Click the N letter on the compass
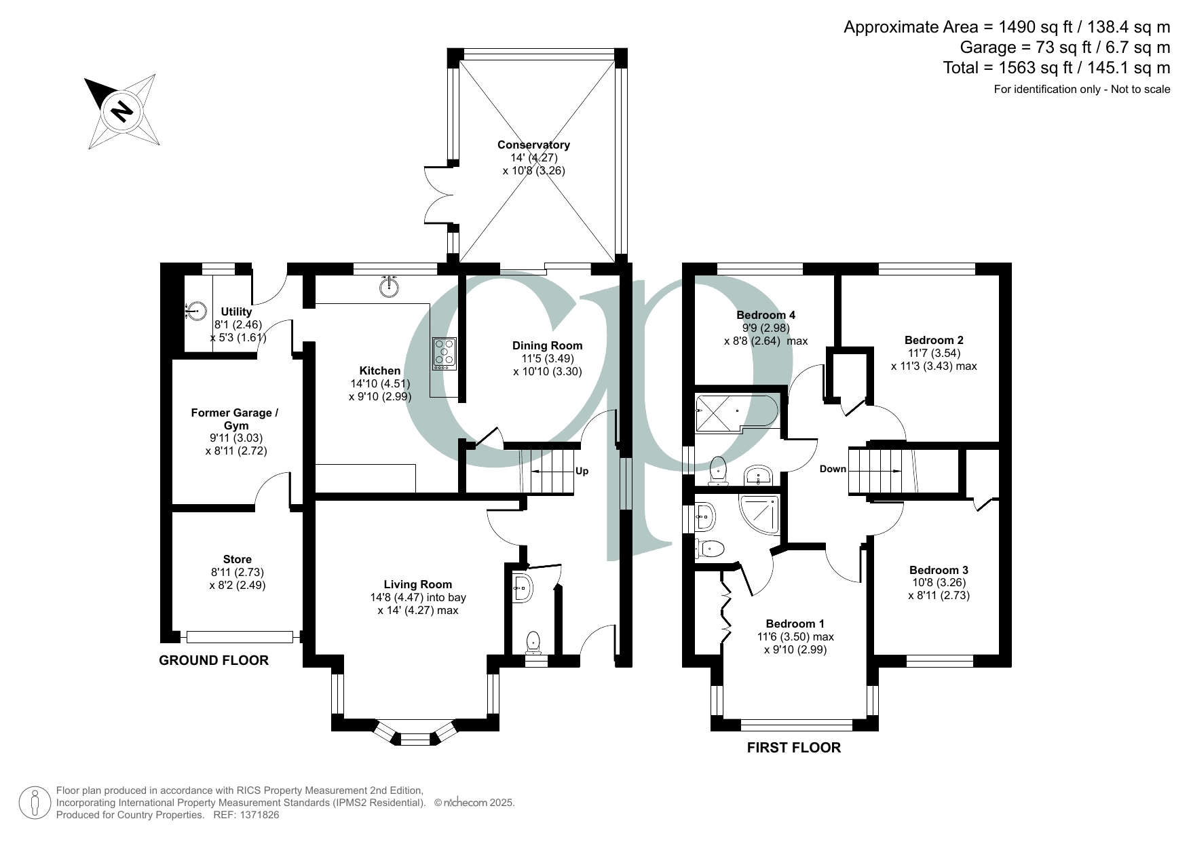click(122, 111)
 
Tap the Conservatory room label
click(533, 145)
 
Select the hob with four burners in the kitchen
click(445, 353)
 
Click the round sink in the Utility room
click(195, 311)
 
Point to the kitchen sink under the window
click(388, 288)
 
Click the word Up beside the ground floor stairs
click(582, 471)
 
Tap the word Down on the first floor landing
click(833, 469)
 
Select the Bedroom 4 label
click(765, 315)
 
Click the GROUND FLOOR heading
click(214, 660)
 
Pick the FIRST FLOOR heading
click(793, 748)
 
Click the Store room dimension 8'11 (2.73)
click(238, 572)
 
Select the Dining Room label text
click(547, 345)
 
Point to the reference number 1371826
click(256, 815)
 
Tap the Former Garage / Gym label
click(235, 419)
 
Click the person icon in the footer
click(34, 803)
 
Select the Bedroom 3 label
click(939, 570)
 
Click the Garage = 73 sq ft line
click(1064, 47)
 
